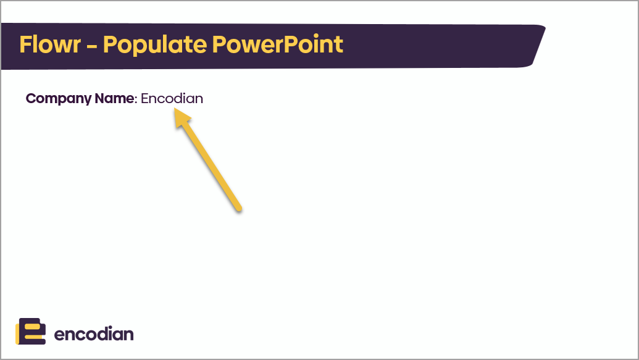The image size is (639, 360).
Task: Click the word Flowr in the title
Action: click(50, 44)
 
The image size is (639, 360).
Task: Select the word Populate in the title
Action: click(155, 45)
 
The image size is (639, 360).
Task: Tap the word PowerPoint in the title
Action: click(278, 44)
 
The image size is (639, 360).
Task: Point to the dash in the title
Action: click(92, 46)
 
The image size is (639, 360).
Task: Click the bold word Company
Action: click(59, 99)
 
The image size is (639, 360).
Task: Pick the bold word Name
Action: click(114, 98)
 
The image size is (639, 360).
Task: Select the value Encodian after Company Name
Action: click(172, 98)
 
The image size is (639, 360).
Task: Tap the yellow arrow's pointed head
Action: click(176, 111)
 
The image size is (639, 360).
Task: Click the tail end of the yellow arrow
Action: click(239, 209)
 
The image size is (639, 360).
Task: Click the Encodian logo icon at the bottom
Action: click(31, 331)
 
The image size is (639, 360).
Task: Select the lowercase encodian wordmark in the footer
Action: click(94, 334)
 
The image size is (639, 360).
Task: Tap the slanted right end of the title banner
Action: click(539, 45)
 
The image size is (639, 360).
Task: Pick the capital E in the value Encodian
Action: click(144, 98)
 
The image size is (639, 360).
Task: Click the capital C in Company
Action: click(31, 98)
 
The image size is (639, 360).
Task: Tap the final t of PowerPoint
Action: click(339, 45)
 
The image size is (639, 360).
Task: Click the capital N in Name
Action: click(99, 98)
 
